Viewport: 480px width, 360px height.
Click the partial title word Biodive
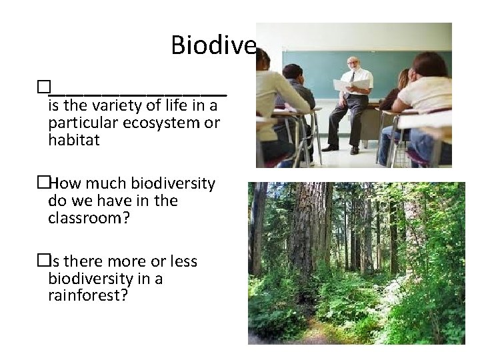213,45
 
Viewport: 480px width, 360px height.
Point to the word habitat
74,140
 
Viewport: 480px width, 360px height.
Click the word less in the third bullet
183,261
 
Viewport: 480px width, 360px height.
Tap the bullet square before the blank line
43,87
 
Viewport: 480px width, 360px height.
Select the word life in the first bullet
180,106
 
